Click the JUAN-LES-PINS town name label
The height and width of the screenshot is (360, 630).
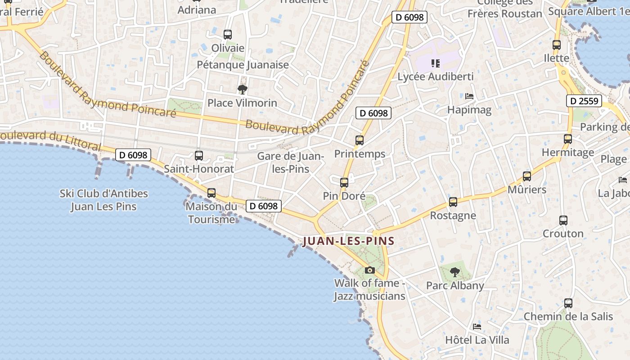pyautogui.click(x=348, y=241)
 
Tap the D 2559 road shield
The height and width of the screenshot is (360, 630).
pyautogui.click(x=584, y=101)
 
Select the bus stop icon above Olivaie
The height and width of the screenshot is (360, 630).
pyautogui.click(x=228, y=35)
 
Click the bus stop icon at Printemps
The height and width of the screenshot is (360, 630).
pyautogui.click(x=359, y=140)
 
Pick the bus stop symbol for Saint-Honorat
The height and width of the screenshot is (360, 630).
pyautogui.click(x=198, y=156)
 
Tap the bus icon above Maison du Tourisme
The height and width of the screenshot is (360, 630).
pyautogui.click(x=211, y=193)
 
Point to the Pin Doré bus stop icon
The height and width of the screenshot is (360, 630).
pyautogui.click(x=344, y=183)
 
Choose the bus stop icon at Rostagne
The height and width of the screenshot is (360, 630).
pyautogui.click(x=453, y=202)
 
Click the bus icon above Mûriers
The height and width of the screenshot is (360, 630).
pyautogui.click(x=527, y=176)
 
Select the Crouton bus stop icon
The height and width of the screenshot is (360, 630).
pyautogui.click(x=563, y=220)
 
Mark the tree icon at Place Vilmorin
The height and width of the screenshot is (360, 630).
pyautogui.click(x=242, y=89)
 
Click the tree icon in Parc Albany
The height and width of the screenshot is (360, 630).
pyautogui.click(x=455, y=272)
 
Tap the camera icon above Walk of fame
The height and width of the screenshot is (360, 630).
pyautogui.click(x=370, y=270)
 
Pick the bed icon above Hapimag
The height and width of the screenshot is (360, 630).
pyautogui.click(x=469, y=96)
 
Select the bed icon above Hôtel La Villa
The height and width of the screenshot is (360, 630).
pyautogui.click(x=477, y=326)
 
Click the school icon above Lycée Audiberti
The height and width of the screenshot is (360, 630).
pyautogui.click(x=435, y=63)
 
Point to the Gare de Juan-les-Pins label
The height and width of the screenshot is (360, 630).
pyautogui.click(x=291, y=162)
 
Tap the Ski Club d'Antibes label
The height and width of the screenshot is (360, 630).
pyautogui.click(x=104, y=200)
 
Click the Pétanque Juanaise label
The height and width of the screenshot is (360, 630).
pyautogui.click(x=243, y=65)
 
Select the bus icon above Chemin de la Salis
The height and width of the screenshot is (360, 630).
pyautogui.click(x=568, y=303)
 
